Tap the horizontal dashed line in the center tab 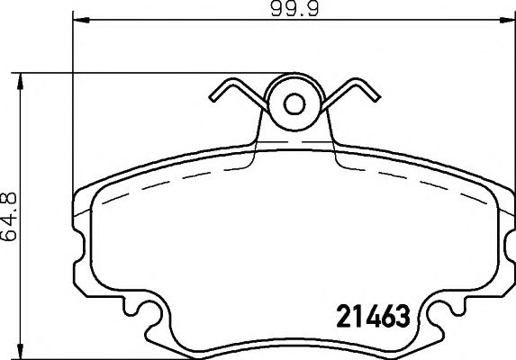click(x=294, y=143)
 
